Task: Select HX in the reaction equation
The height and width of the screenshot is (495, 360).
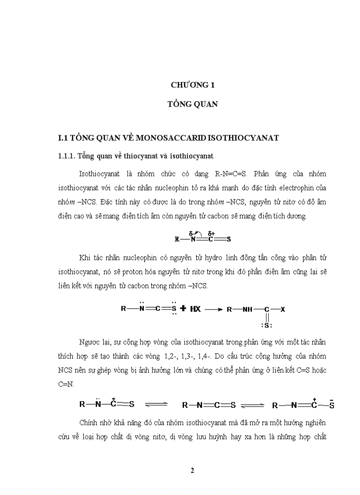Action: pos(195,309)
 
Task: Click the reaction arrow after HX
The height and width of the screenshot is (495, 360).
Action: pos(214,309)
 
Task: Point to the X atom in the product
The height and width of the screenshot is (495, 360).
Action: pos(283,309)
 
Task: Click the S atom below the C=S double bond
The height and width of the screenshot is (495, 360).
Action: pos(266,325)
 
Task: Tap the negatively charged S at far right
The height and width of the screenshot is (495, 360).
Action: pos(331,405)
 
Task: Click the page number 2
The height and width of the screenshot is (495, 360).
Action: pos(192,470)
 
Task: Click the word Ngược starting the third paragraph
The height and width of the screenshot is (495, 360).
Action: pos(90,342)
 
